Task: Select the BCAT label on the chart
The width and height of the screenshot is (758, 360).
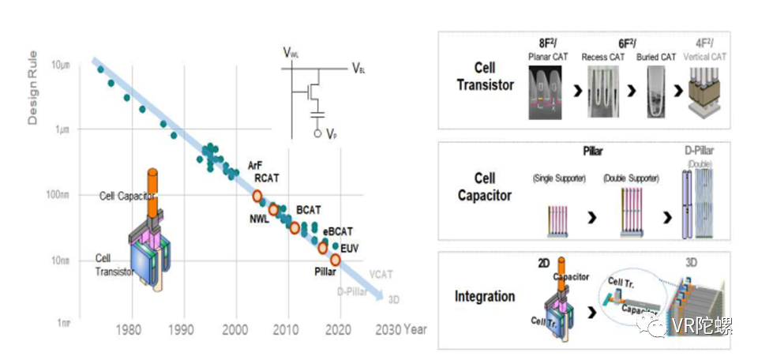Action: [308, 209]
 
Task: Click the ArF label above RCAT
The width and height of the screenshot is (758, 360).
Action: [254, 166]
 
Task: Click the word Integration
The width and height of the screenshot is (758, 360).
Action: [485, 297]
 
